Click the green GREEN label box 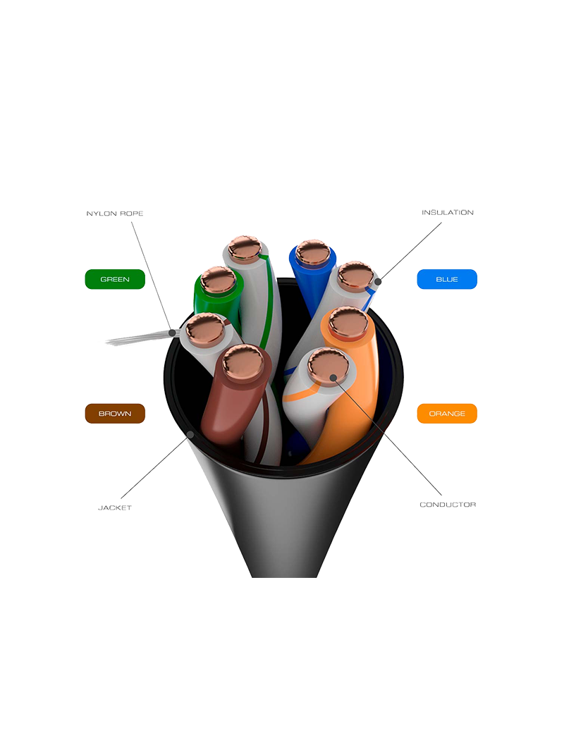click(115, 279)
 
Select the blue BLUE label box click(447, 279)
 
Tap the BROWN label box click(115, 413)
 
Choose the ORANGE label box click(447, 413)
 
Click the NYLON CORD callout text click(114, 212)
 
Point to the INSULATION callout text click(450, 212)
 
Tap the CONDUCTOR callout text click(448, 505)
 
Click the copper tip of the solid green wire click(217, 281)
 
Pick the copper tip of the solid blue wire click(312, 253)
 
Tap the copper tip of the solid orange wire click(348, 322)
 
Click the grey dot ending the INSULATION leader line click(378, 282)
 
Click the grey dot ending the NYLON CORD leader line click(171, 331)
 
